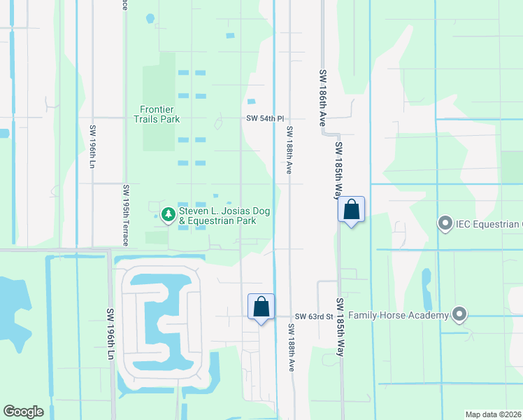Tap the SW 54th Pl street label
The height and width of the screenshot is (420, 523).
(264, 119)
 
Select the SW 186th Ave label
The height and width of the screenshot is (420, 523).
(324, 97)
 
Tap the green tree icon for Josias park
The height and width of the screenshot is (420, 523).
(168, 214)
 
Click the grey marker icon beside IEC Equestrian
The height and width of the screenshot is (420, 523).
(445, 224)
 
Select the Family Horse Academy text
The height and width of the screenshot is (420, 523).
(398, 316)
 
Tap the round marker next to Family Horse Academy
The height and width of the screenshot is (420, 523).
(459, 315)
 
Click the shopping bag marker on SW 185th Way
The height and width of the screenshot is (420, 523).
(351, 209)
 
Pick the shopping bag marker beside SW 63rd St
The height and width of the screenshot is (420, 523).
(261, 307)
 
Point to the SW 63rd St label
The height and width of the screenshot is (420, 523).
(313, 317)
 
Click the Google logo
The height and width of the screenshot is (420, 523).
(23, 412)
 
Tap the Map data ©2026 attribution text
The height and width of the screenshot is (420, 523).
(493, 414)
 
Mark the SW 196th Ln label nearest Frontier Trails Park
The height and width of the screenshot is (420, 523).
(92, 147)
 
